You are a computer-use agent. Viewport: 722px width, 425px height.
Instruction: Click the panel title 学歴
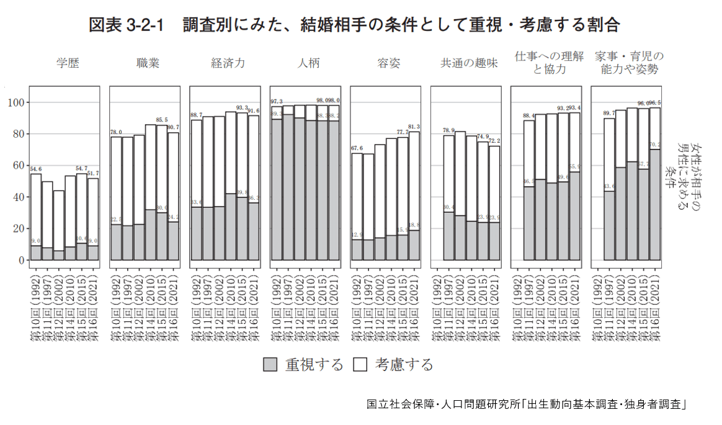(68, 63)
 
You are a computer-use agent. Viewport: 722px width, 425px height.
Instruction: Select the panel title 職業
(148, 63)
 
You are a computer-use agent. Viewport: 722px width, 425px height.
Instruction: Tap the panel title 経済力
(228, 63)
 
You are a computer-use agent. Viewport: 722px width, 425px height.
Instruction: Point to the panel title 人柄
(308, 63)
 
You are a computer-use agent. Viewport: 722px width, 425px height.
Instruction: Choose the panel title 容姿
(388, 63)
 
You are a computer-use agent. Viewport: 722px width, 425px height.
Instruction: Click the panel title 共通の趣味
(469, 63)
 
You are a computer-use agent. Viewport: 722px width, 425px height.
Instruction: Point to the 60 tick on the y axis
(18, 166)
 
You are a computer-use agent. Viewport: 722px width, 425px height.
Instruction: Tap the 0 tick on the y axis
(20, 260)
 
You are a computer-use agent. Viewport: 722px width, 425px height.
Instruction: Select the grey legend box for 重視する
(270, 364)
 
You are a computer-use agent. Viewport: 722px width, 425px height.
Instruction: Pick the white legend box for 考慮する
(360, 364)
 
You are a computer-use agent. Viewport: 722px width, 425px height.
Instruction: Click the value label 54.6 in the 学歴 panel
(35, 169)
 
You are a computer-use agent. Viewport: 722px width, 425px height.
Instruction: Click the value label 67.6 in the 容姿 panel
(356, 148)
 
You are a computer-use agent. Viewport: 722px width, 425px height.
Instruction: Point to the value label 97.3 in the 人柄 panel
(277, 101)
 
